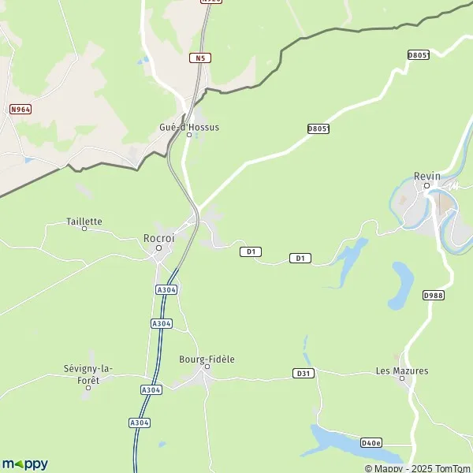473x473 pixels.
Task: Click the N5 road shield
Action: [200, 58]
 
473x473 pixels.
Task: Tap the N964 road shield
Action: [20, 110]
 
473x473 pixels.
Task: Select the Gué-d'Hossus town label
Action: [188, 126]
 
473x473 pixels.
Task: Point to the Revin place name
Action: [427, 177]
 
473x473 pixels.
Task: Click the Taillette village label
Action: [84, 222]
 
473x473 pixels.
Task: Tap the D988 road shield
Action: [434, 295]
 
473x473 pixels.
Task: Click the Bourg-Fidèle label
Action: [207, 359]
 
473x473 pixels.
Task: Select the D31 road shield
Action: [304, 372]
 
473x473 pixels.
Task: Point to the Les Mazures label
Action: [402, 370]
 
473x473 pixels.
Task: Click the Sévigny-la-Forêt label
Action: [88, 374]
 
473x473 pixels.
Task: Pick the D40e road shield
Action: [371, 442]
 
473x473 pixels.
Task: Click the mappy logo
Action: [24, 464]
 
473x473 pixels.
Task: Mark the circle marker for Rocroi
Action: [158, 248]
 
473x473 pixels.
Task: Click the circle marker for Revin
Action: [426, 187]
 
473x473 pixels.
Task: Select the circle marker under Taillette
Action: [84, 229]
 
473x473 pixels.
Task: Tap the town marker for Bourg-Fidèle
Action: [207, 367]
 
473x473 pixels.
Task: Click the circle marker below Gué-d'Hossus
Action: [188, 135]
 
